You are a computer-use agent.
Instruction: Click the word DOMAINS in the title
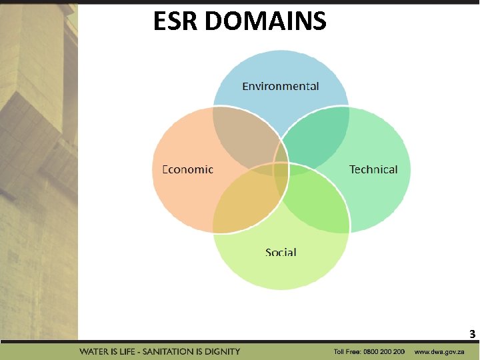[266, 21]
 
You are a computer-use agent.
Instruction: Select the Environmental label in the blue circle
[280, 86]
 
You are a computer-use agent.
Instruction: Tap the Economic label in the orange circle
[188, 169]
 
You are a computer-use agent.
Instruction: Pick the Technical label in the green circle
[373, 169]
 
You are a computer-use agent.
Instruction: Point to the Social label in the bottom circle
[281, 252]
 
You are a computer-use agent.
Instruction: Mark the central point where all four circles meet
[281, 169]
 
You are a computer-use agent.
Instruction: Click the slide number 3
[472, 333]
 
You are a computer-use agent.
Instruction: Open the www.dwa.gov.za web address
[439, 351]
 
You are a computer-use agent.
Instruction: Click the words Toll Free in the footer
[348, 351]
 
